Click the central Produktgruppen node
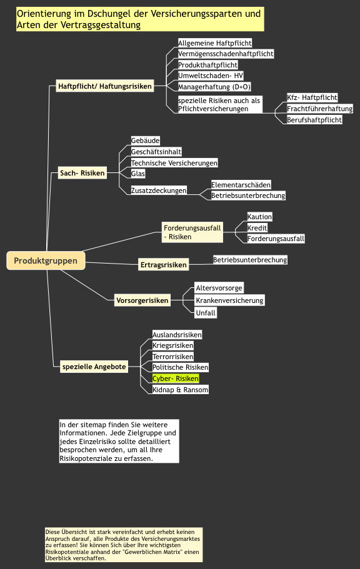pyautogui.click(x=46, y=260)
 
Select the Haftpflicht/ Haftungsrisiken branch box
pyautogui.click(x=104, y=86)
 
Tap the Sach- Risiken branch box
pyautogui.click(x=82, y=173)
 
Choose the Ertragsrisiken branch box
pyautogui.click(x=164, y=265)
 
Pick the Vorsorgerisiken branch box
pyautogui.click(x=142, y=300)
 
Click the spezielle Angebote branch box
pyautogui.click(x=94, y=367)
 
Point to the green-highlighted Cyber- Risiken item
pyautogui.click(x=176, y=379)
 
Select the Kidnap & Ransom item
pyautogui.click(x=180, y=390)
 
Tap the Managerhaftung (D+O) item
pyautogui.click(x=214, y=87)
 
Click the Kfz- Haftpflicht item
pyautogui.click(x=312, y=97)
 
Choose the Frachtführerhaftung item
pyautogui.click(x=319, y=109)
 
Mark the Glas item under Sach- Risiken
pyautogui.click(x=138, y=174)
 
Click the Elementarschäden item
pyautogui.click(x=241, y=185)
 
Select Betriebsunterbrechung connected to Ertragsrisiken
pyautogui.click(x=250, y=260)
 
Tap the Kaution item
pyautogui.click(x=259, y=217)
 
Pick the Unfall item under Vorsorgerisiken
pyautogui.click(x=206, y=313)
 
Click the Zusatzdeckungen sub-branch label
pyautogui.click(x=159, y=190)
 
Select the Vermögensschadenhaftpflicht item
pyautogui.click(x=226, y=54)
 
